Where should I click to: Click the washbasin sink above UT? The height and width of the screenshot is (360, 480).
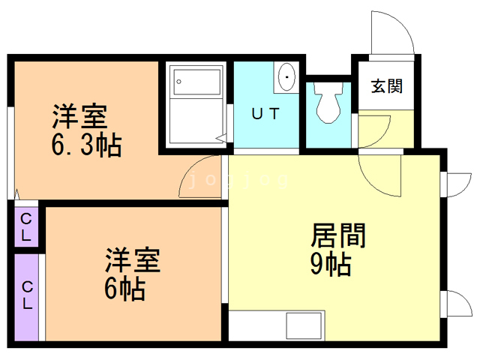coord(286,76)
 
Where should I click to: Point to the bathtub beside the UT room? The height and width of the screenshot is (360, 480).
coord(196,101)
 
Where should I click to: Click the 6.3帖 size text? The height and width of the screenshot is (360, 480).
coord(86,145)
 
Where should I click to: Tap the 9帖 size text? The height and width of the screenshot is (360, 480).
coord(331,264)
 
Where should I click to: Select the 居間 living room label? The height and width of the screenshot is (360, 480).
coord(338,235)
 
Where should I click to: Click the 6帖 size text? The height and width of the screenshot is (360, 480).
coord(124,286)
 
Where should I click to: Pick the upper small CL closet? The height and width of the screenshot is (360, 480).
coord(26,226)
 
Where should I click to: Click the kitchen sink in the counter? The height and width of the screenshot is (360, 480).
coord(304,327)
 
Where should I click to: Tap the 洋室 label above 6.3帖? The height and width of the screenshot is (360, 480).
coord(79,117)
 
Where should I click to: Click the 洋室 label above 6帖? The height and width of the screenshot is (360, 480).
coord(132,259)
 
